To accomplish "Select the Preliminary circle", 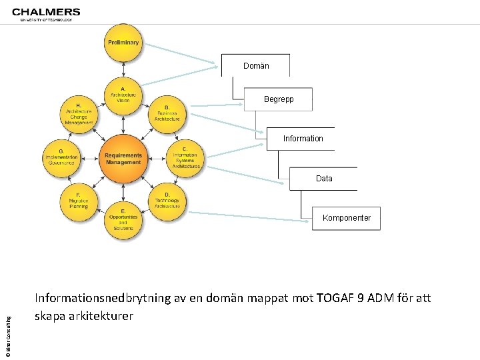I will pyautogui.click(x=123, y=43).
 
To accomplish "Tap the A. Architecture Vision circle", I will pyautogui.click(x=123, y=95).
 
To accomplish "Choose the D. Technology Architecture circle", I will pyautogui.click(x=167, y=201).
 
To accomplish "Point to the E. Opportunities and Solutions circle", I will pyautogui.click(x=123, y=219).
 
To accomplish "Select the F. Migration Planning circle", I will pyautogui.click(x=79, y=201).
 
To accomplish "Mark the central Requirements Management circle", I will pyautogui.click(x=123, y=158).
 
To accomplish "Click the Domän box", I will pyautogui.click(x=256, y=66).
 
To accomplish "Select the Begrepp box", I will pyautogui.click(x=278, y=99).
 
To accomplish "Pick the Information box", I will pyautogui.click(x=303, y=139).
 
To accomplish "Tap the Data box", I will pyautogui.click(x=324, y=179).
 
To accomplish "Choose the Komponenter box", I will pyautogui.click(x=347, y=218).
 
